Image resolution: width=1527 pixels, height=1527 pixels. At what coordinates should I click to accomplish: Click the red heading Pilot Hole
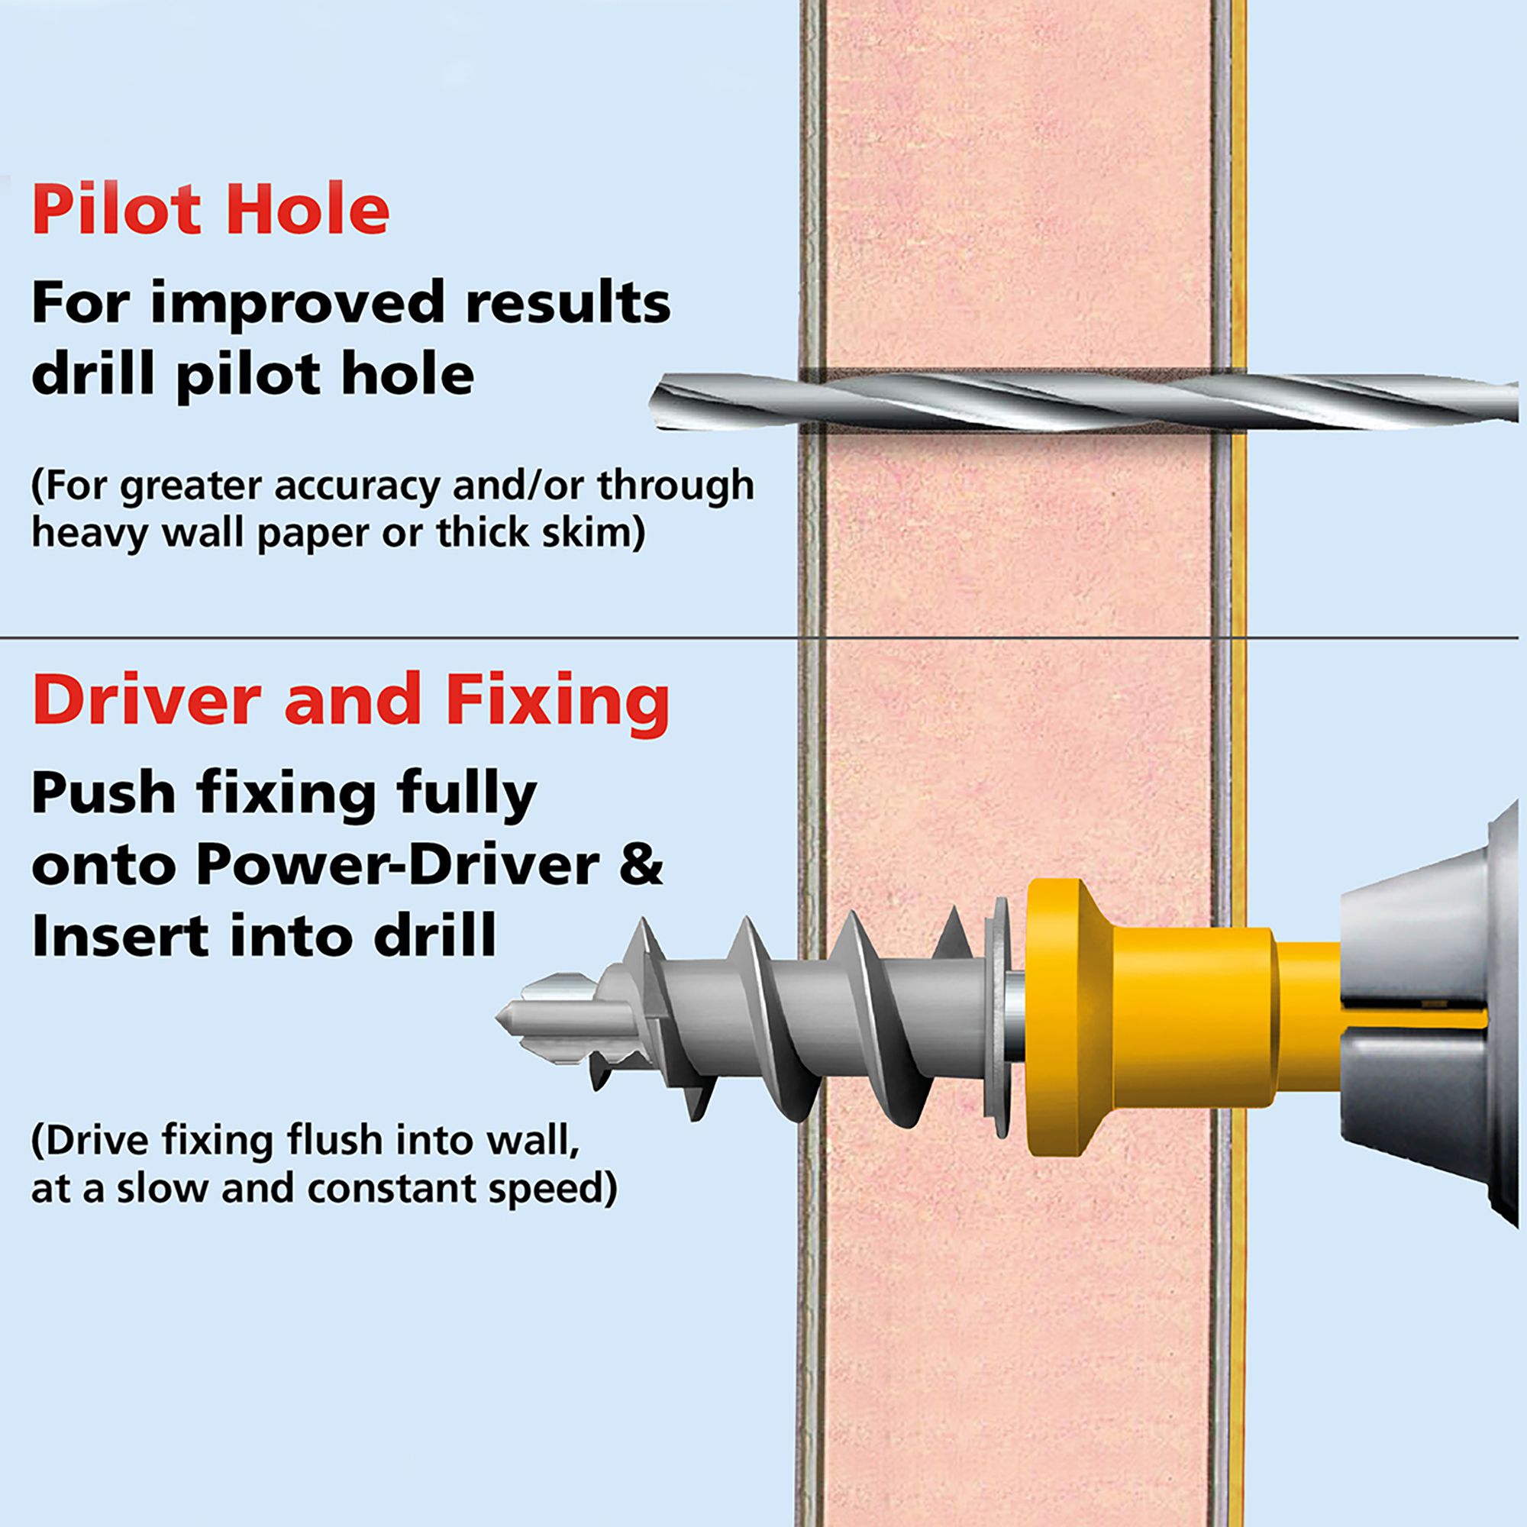210,208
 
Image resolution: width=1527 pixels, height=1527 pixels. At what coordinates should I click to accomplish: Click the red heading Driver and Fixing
350,700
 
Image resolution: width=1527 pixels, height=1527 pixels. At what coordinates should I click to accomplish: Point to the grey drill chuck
1431,1019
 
